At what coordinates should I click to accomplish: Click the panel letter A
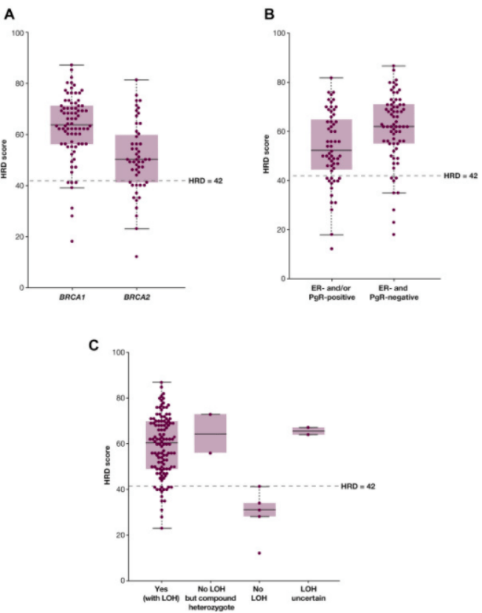tap(9, 15)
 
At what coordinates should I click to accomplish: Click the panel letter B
tap(269, 15)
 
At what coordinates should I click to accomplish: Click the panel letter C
tap(94, 345)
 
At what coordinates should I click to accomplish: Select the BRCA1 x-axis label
tap(72, 297)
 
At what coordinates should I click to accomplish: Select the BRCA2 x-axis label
tap(137, 297)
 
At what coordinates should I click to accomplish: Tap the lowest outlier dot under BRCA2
tap(137, 256)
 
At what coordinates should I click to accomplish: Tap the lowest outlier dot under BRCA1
tap(72, 242)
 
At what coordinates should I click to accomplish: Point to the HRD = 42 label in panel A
tap(205, 181)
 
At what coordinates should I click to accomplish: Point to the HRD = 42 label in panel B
tap(461, 176)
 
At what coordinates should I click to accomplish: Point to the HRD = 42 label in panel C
tap(358, 486)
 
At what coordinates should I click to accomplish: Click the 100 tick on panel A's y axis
tap(18, 32)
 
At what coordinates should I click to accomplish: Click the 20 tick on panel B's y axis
tap(280, 230)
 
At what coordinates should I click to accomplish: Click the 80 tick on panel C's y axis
tap(120, 398)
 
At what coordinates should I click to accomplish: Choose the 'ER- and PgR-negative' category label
tap(393, 292)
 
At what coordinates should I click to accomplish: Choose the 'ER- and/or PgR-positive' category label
tap(331, 292)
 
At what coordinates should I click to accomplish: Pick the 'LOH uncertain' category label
tap(309, 594)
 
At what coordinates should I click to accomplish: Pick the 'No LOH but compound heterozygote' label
tap(210, 598)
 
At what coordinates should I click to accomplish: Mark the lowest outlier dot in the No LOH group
tap(259, 553)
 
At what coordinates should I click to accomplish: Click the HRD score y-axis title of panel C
tap(108, 465)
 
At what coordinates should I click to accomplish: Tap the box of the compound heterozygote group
tap(210, 434)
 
